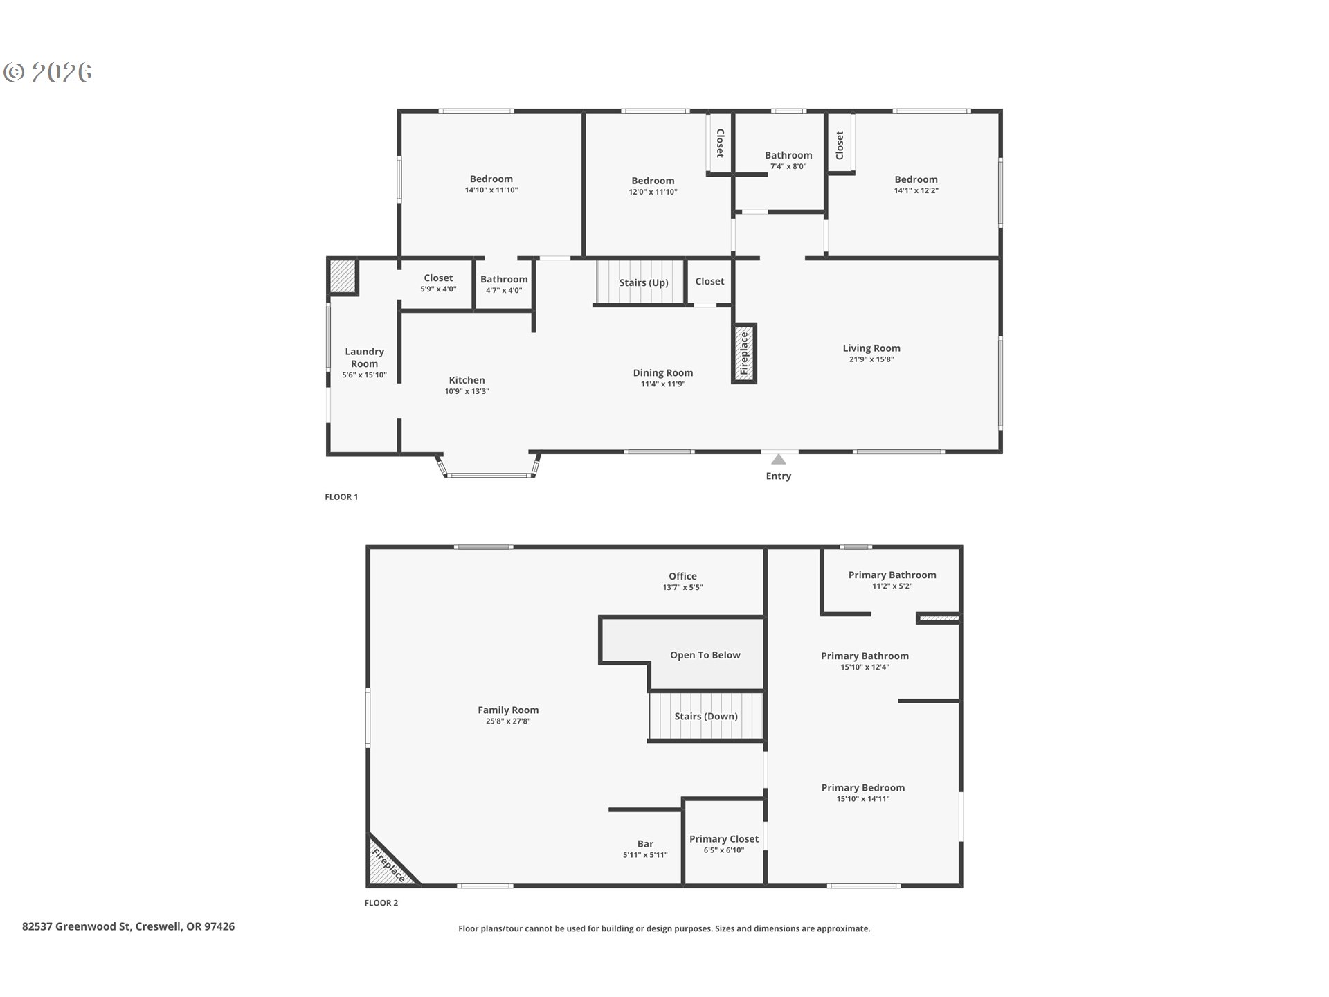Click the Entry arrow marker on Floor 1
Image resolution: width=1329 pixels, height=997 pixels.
(x=779, y=459)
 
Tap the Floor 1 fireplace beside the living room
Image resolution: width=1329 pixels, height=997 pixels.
(x=745, y=353)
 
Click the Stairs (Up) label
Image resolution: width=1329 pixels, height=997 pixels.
(x=644, y=282)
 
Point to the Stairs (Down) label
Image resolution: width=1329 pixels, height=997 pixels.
(x=706, y=716)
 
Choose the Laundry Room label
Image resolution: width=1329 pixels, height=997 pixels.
(x=364, y=357)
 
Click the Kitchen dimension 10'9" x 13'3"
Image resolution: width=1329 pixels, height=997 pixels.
(x=467, y=391)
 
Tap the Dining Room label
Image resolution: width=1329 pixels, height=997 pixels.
(x=663, y=372)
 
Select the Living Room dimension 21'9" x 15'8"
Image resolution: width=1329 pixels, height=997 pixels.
(x=871, y=359)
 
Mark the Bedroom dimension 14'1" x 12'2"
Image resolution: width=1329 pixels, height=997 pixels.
(x=916, y=190)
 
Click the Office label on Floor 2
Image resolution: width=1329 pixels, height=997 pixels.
(x=682, y=576)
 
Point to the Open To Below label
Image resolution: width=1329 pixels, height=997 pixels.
(x=705, y=655)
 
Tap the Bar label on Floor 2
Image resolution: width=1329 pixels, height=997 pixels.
(x=645, y=844)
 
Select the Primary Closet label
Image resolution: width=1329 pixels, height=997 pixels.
(x=724, y=839)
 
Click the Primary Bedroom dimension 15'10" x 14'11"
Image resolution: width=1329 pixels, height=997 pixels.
(x=863, y=798)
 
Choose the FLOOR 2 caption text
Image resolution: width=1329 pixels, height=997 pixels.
(x=381, y=903)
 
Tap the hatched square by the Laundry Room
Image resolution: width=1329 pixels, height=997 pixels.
(x=342, y=276)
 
